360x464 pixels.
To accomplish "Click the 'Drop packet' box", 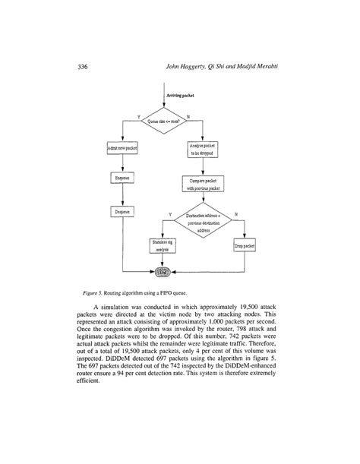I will pyautogui.click(x=243, y=247).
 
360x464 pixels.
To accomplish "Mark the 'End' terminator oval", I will pyautogui.click(x=164, y=271).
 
